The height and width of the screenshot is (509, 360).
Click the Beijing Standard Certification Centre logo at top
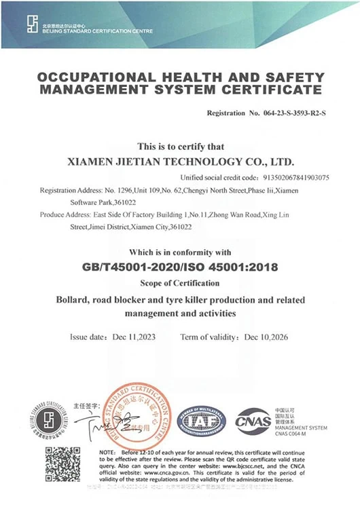[x=33, y=24]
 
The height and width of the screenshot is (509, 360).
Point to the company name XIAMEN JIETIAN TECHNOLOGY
[x=157, y=162]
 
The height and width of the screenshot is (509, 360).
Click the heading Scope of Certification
[x=180, y=282]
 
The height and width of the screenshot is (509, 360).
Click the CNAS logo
[x=253, y=419]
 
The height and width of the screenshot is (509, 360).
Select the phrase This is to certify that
[x=180, y=146]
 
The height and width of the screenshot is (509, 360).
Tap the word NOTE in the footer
[x=109, y=451]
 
